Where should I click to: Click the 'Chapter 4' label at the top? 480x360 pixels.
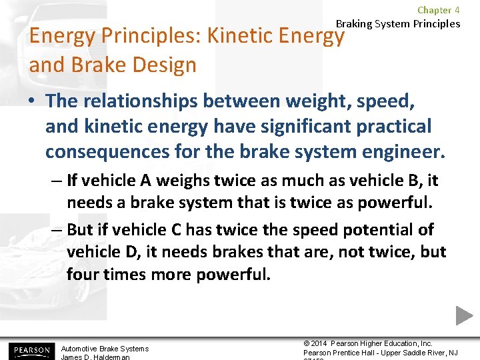click(438, 10)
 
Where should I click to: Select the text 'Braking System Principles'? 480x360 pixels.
click(398, 24)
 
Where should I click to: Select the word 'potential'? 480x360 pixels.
click(374, 230)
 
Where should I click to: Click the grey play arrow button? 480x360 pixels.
click(464, 315)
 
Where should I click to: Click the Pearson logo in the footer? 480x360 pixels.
click(30, 350)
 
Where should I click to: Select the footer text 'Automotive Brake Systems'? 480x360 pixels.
click(105, 349)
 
